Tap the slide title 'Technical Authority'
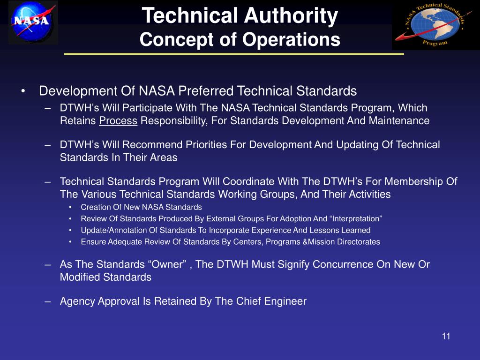240,16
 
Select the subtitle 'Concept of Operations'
240,39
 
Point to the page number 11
446,337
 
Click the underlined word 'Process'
118,121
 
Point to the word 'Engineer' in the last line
285,301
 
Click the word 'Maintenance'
402,121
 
